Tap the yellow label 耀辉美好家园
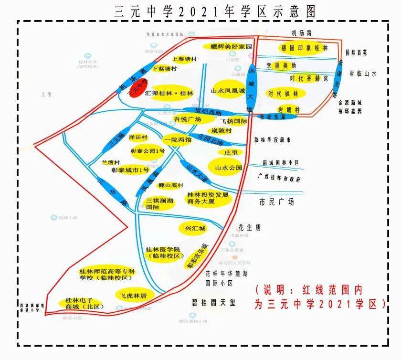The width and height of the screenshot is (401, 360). coord(228,46)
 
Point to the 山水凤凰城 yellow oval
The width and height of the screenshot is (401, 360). coord(228,90)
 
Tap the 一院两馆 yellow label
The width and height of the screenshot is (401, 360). coord(177,140)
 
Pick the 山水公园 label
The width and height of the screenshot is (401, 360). coord(229,168)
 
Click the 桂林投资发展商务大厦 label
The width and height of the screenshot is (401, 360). coord(208,198)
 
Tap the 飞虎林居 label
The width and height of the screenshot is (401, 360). coord(133,296)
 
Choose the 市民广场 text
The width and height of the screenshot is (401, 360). coord(276,202)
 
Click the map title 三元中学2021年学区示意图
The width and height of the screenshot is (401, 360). coord(215,11)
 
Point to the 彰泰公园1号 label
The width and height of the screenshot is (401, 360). coord(148,151)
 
